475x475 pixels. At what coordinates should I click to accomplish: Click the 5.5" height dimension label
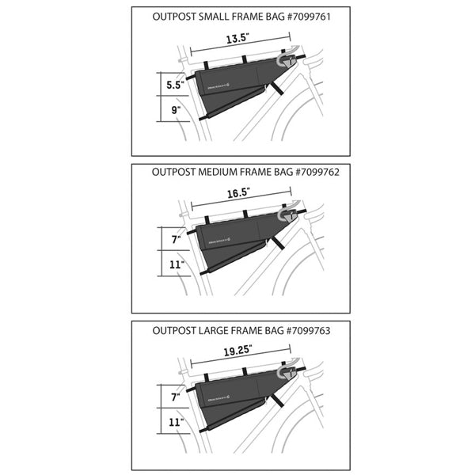pyautogui.click(x=174, y=82)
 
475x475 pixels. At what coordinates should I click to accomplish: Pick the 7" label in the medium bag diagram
pyautogui.click(x=176, y=236)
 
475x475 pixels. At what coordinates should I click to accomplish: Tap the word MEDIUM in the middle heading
pyautogui.click(x=211, y=170)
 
